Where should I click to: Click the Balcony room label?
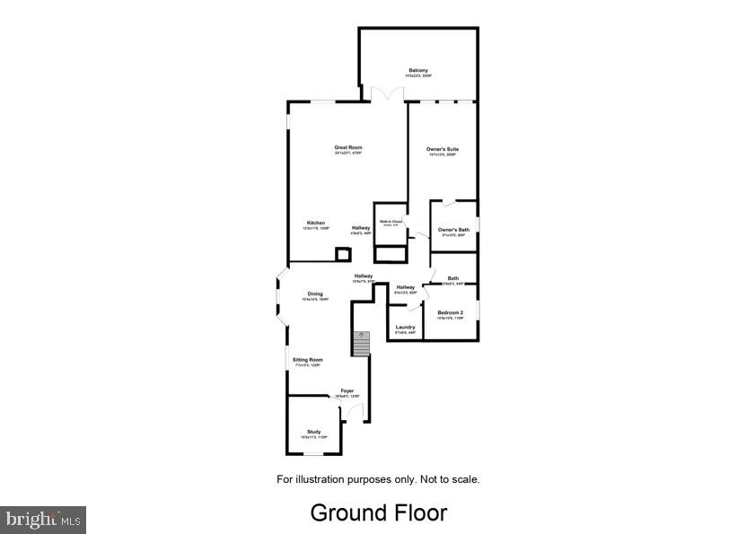pos(417,71)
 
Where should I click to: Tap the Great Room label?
pos(348,148)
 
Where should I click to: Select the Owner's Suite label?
pos(443,148)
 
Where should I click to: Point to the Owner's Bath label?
pos(453,231)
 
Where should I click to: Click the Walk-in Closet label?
pos(390,222)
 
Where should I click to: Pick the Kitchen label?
pos(316,223)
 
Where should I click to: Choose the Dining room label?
pos(315,294)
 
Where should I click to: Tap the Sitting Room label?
pos(308,360)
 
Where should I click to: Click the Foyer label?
pos(347,391)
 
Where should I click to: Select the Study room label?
pos(313,433)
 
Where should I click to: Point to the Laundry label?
pos(405,328)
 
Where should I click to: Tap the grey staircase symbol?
pos(360,344)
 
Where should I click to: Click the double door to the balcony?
pos(383,93)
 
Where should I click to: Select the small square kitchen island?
pos(343,254)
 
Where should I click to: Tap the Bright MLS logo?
pos(43,519)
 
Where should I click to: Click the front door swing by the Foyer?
pos(356,412)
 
